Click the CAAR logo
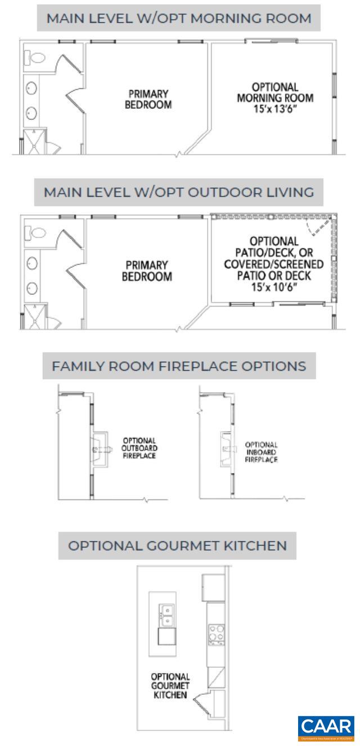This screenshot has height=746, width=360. point(326,728)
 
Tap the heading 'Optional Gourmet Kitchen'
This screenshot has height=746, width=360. point(177,545)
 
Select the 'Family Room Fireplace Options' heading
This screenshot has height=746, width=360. point(179,366)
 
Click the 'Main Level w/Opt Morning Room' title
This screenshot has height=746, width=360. point(178,18)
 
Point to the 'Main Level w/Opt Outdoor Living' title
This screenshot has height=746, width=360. point(179,192)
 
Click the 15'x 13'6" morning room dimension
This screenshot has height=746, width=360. point(274,107)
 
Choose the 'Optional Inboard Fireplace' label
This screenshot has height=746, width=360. point(262,452)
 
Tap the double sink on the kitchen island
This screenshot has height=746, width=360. point(166,614)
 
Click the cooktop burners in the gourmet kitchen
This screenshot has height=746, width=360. point(215,634)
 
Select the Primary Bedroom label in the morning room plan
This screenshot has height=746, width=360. point(148,99)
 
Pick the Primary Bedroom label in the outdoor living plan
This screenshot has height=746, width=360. point(148,271)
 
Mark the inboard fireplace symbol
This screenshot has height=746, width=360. point(227,448)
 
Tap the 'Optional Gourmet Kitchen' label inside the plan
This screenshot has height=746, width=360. point(169,686)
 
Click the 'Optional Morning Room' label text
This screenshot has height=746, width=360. point(274,92)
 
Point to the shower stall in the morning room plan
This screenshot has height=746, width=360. point(35,141)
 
